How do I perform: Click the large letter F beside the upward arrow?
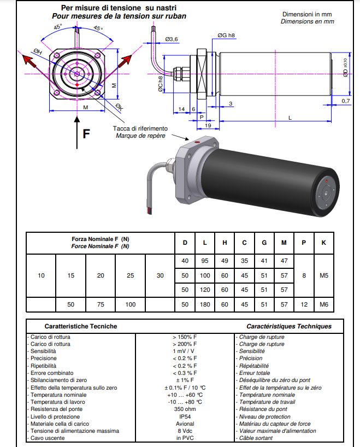[86, 133]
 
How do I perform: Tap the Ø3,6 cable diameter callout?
[172, 39]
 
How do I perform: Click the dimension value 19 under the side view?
[208, 126]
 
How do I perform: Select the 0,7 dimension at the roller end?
[346, 101]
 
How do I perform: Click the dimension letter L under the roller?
[289, 118]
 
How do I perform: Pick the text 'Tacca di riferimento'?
[140, 128]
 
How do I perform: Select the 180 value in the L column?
[205, 304]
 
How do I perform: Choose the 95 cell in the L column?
[205, 261]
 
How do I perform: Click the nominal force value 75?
[100, 304]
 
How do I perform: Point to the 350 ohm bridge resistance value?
[185, 409]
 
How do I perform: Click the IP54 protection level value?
[185, 416]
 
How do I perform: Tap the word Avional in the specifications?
[185, 424]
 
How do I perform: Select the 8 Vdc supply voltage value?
[185, 431]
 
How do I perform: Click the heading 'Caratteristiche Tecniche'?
[81, 326]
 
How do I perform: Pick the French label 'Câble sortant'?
[257, 438]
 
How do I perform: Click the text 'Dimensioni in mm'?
[308, 14]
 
